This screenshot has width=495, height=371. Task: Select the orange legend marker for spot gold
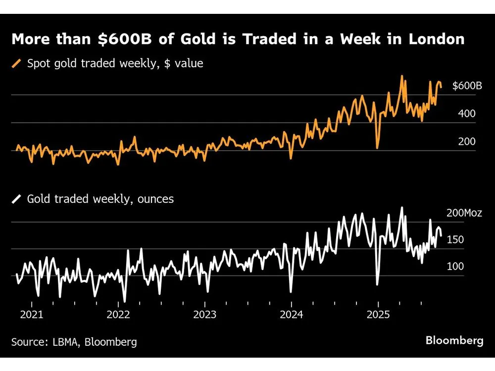coord(17,63)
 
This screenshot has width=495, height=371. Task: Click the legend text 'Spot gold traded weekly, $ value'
coord(115,63)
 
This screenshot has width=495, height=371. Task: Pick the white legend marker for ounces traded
coord(17,199)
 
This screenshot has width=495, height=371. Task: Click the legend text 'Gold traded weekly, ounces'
coord(100,199)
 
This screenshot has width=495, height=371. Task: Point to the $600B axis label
coord(467,86)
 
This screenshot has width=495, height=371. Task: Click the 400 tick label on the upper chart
coord(467,114)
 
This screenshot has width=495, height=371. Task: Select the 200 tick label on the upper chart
coord(467,141)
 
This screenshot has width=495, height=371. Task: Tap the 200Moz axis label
coord(464,213)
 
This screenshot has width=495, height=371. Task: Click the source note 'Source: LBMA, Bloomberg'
coord(74,341)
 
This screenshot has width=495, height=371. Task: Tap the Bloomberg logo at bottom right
coord(454,340)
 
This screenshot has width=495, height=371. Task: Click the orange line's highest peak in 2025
coord(402,76)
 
